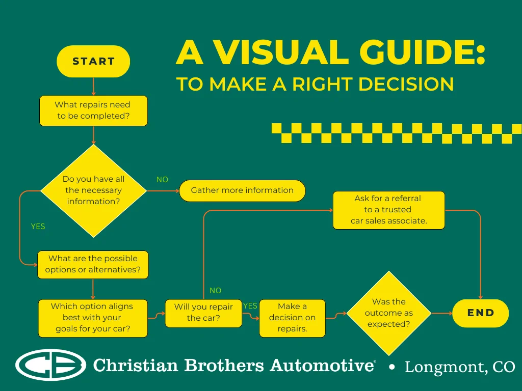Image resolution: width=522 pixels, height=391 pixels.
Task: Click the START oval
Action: tap(93, 62)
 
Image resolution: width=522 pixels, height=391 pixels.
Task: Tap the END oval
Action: tap(481, 313)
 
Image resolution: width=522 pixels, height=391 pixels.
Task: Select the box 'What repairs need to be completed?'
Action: tap(93, 110)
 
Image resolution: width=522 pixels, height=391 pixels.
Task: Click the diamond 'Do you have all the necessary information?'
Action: tap(93, 190)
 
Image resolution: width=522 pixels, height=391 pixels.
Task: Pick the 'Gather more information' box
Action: tap(242, 190)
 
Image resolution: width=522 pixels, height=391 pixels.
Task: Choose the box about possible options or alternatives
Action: tap(93, 264)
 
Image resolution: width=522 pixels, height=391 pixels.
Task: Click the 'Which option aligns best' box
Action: tap(93, 318)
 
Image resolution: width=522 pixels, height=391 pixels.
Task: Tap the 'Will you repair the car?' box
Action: tap(203, 313)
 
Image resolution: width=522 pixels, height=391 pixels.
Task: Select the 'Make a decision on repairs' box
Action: tap(292, 318)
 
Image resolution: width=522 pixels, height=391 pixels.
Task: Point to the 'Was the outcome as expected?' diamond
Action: tap(389, 313)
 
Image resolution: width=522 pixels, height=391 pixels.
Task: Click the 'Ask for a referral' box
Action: tap(389, 210)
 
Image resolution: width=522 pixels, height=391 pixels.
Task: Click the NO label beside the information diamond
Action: tap(162, 180)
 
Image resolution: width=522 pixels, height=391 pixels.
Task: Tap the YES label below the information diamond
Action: tap(38, 227)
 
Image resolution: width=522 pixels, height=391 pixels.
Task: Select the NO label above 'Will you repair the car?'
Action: tap(216, 291)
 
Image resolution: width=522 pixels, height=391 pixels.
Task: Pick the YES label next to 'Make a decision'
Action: tap(250, 306)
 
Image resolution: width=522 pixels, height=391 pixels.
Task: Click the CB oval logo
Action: tap(50, 365)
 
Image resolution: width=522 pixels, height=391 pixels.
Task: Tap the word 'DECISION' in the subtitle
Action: tap(406, 84)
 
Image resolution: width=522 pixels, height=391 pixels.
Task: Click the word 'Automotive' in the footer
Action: tap(322, 366)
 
